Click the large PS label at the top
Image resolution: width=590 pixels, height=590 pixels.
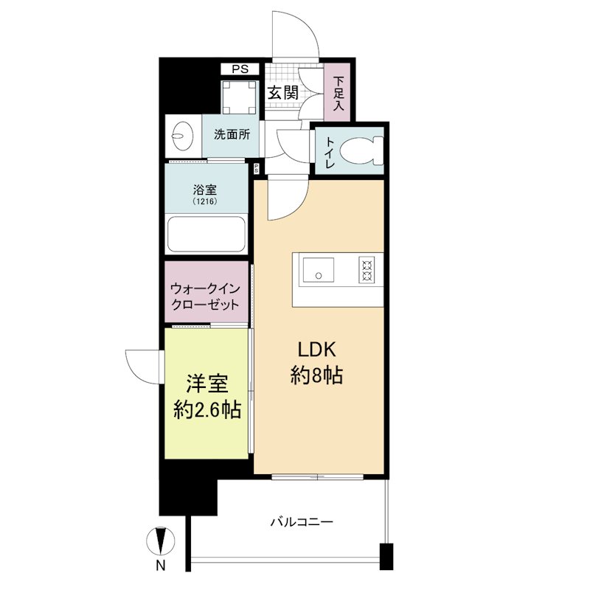tap(240, 69)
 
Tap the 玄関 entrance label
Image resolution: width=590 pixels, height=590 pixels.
tap(282, 93)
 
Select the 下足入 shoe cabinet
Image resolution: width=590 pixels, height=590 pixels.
tap(339, 94)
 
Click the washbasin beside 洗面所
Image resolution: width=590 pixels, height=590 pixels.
tap(181, 136)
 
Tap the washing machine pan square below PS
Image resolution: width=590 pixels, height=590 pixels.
tap(239, 97)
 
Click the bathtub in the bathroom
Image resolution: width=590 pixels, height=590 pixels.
tap(206, 234)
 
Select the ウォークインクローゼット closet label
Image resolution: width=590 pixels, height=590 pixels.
tap(204, 296)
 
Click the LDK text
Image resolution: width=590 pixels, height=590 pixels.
tap(317, 350)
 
